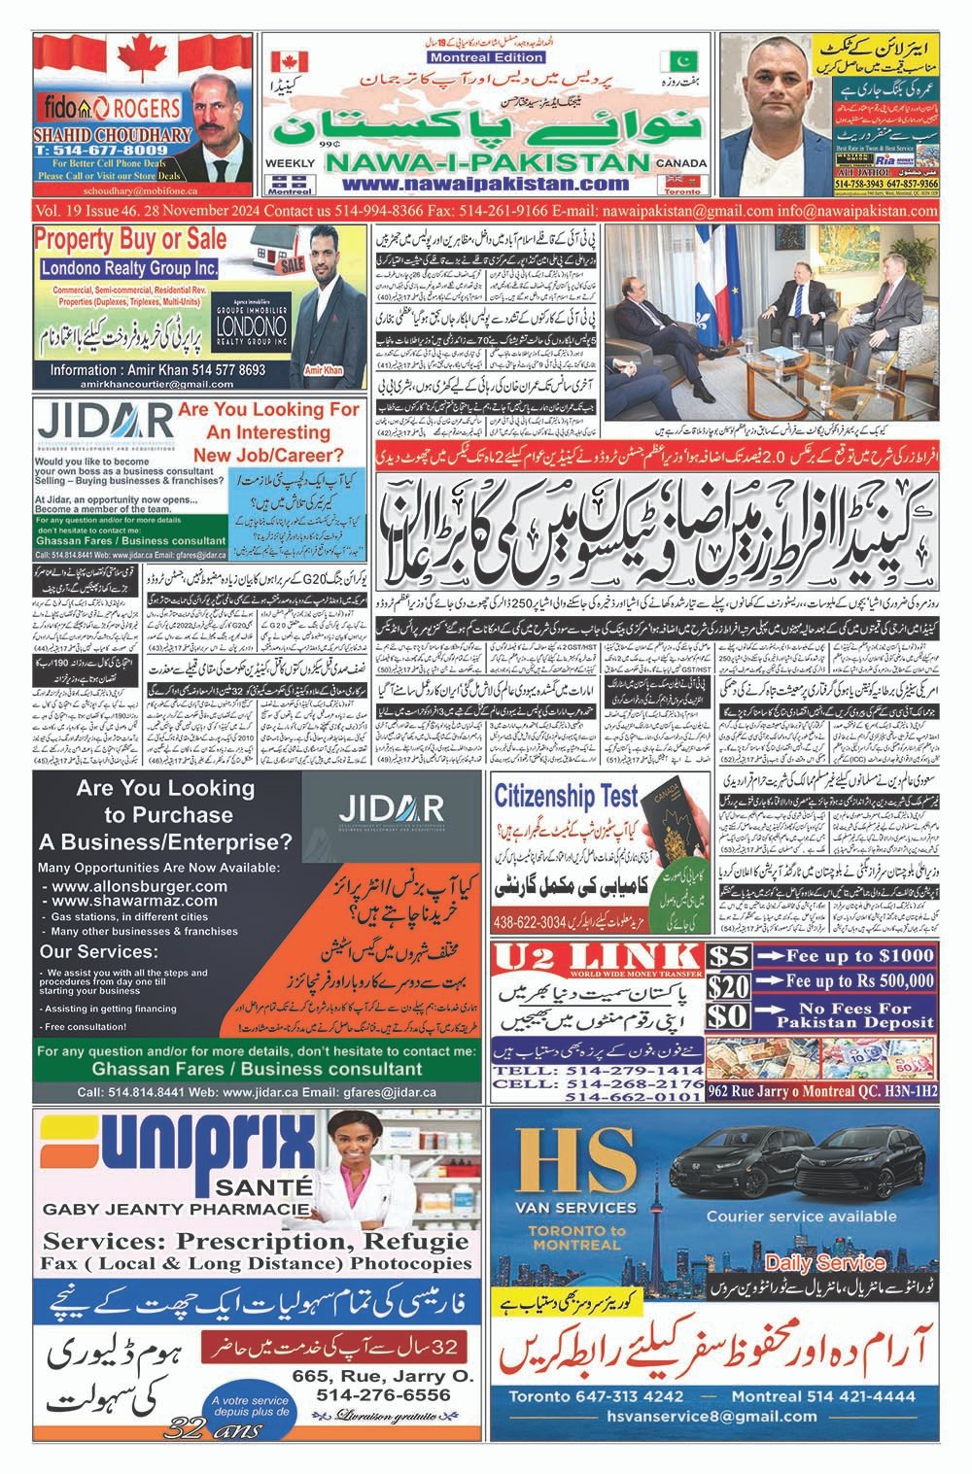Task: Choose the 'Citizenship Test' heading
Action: [567, 797]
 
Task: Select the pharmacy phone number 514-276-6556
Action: [384, 1394]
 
